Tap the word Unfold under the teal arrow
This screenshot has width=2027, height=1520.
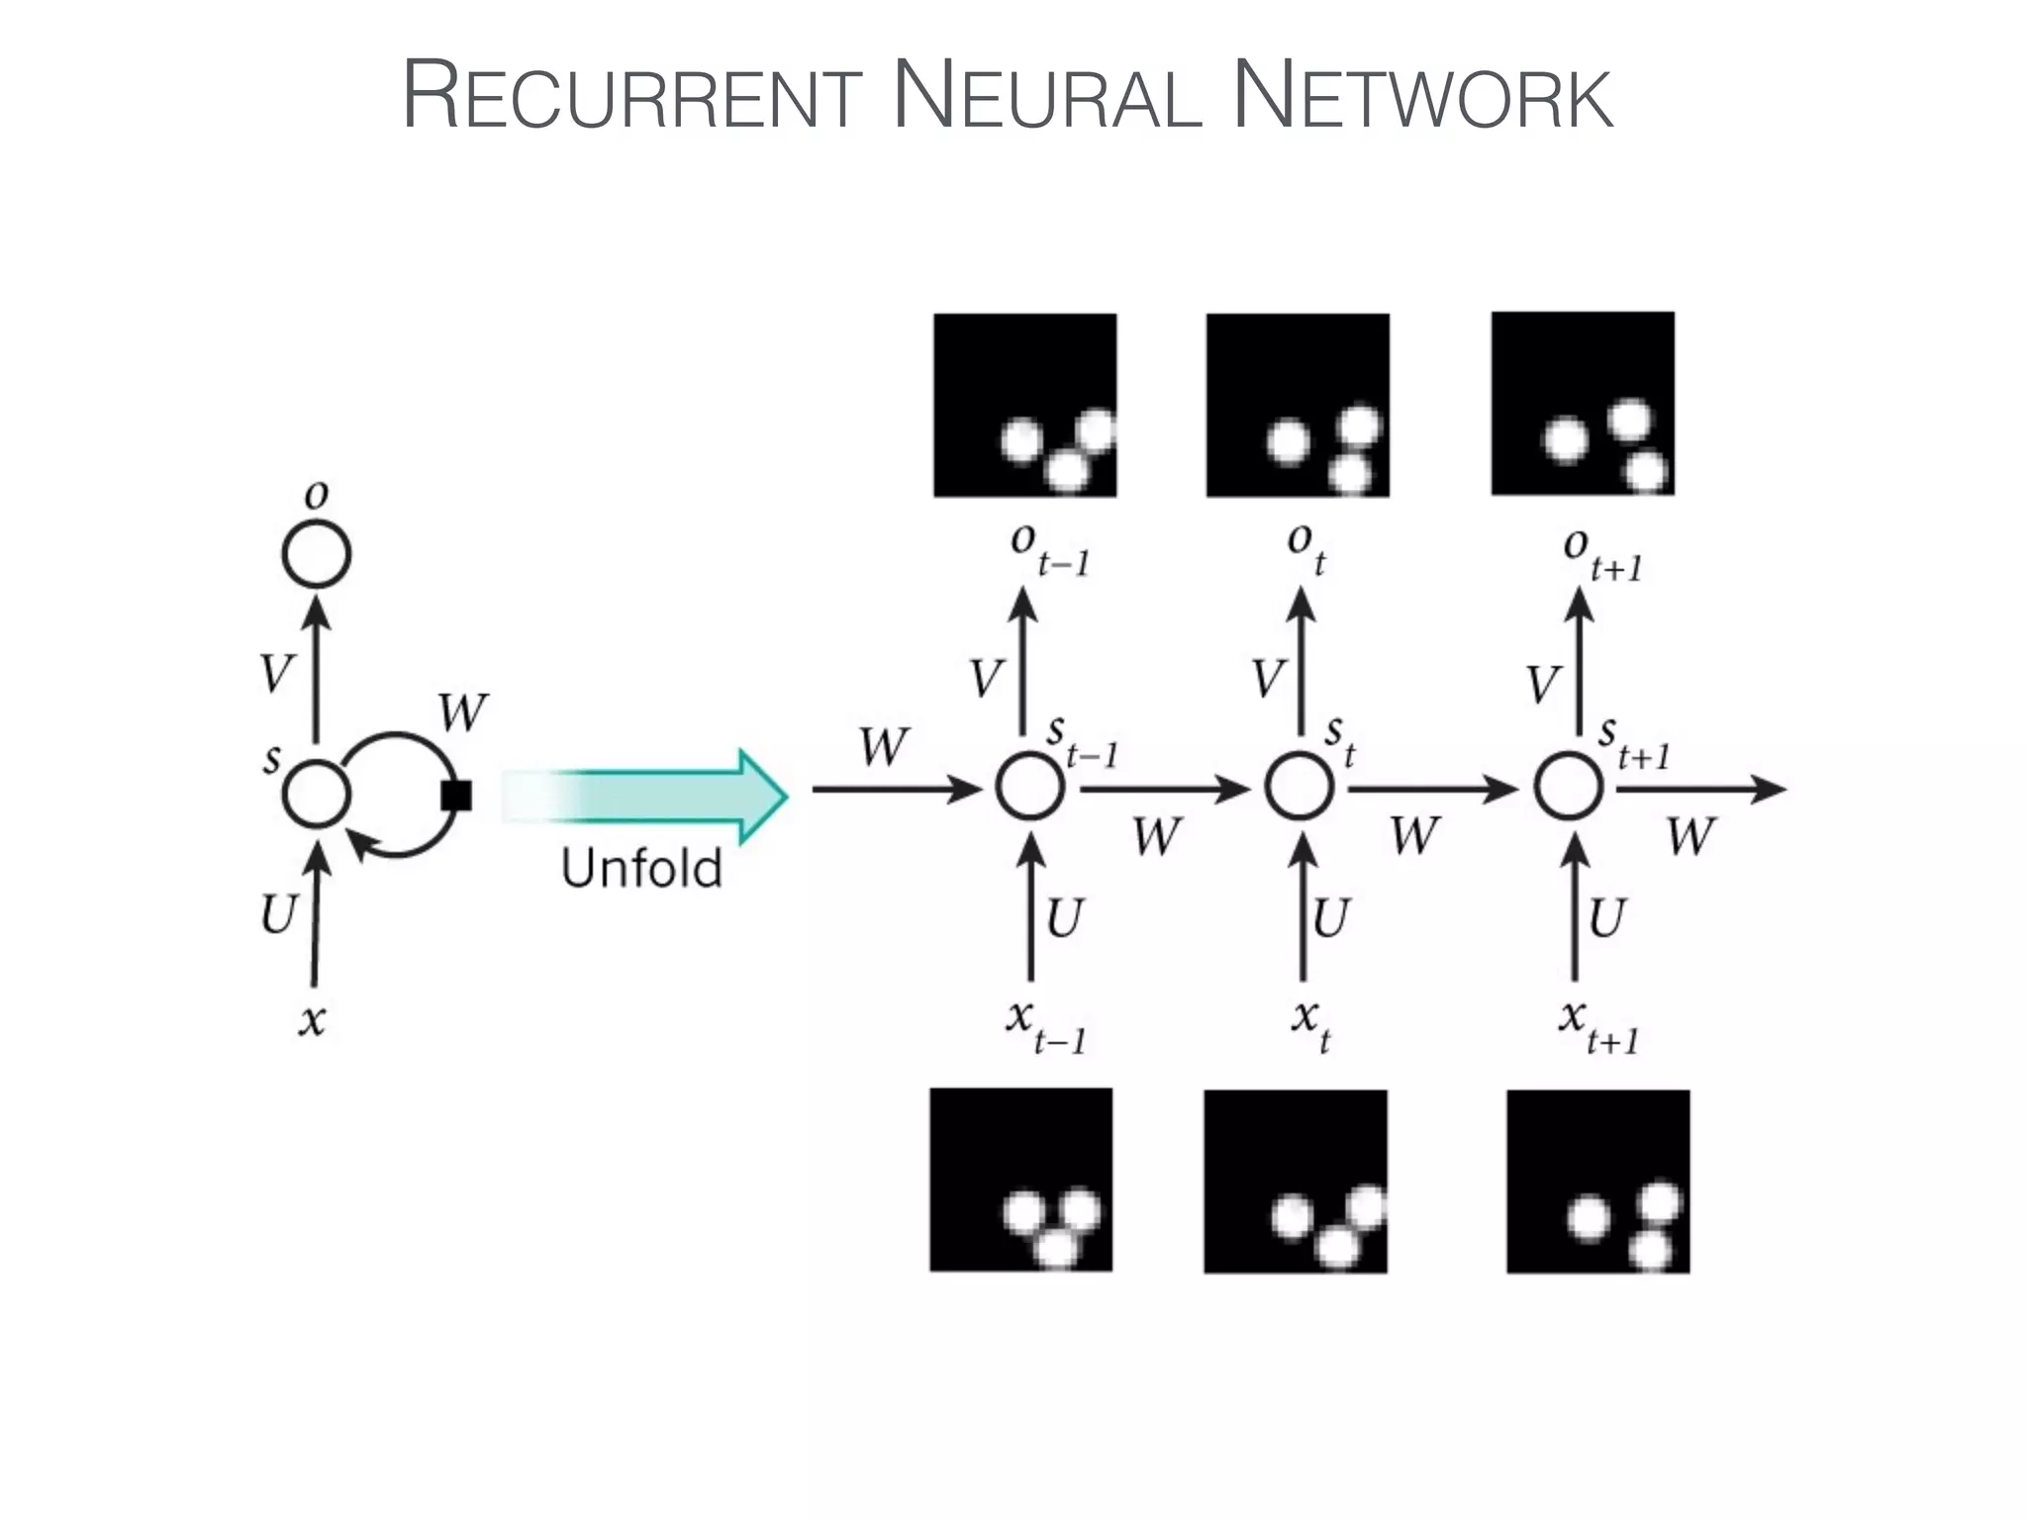(641, 869)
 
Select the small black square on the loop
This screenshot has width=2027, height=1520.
(455, 795)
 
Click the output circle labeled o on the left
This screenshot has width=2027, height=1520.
(316, 554)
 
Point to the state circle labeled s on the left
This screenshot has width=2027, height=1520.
(316, 794)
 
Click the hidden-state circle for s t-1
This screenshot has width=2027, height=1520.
(1029, 788)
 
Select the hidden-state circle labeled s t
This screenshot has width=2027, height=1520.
(1300, 788)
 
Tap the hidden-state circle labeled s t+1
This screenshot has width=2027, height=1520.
(1569, 788)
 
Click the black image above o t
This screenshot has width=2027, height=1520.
(1298, 405)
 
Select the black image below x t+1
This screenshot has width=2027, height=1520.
(1597, 1181)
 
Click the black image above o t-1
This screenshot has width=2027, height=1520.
(1024, 405)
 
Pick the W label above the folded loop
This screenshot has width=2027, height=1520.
(462, 712)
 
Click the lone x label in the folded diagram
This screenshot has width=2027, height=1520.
(312, 1018)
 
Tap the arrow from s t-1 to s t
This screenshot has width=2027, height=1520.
(1164, 790)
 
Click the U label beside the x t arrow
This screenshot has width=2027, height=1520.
(1330, 917)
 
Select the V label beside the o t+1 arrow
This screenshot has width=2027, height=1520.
(1543, 684)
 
